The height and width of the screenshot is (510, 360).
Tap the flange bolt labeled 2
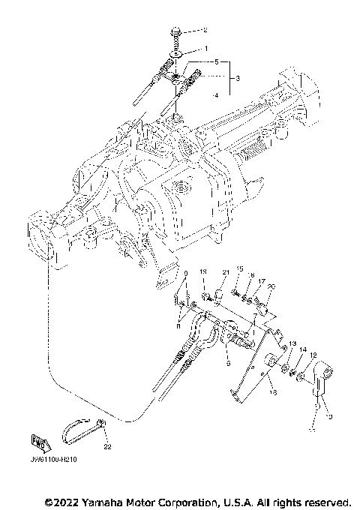[174, 33]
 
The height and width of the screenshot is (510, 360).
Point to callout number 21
[224, 272]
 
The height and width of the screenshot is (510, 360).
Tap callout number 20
[270, 286]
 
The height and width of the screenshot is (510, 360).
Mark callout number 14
[303, 350]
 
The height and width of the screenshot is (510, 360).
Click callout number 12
[314, 355]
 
